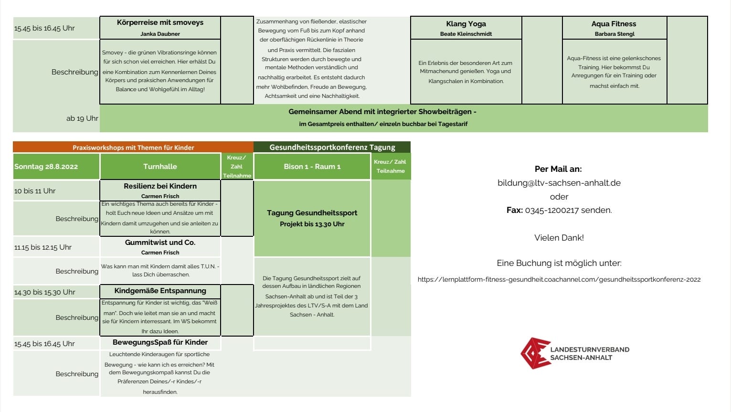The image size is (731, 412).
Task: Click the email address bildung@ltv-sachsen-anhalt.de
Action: click(x=559, y=183)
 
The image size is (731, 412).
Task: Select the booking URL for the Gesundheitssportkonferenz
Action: click(x=559, y=279)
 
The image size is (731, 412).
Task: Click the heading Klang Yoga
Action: click(x=466, y=24)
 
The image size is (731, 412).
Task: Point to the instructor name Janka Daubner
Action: click(x=160, y=34)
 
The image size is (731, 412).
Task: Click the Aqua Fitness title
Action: click(x=614, y=24)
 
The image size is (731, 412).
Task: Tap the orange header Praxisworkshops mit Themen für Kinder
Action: click(x=133, y=148)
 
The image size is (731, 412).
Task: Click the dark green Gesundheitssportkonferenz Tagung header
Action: click(x=332, y=147)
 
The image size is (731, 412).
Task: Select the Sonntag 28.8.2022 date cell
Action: click(x=46, y=167)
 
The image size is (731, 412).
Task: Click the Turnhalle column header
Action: click(x=160, y=167)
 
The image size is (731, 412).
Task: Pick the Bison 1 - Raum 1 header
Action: click(x=312, y=167)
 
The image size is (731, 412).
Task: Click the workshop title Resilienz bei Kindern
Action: click(x=160, y=186)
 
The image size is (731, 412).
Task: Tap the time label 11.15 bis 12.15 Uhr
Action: click(x=43, y=247)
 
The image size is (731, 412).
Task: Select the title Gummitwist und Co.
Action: click(x=160, y=243)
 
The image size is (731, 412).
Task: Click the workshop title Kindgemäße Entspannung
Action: click(x=160, y=291)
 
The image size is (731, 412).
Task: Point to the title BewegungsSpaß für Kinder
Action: click(x=160, y=342)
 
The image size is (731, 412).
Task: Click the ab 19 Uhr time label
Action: click(x=82, y=118)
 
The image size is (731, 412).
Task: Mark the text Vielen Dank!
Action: click(x=559, y=238)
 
